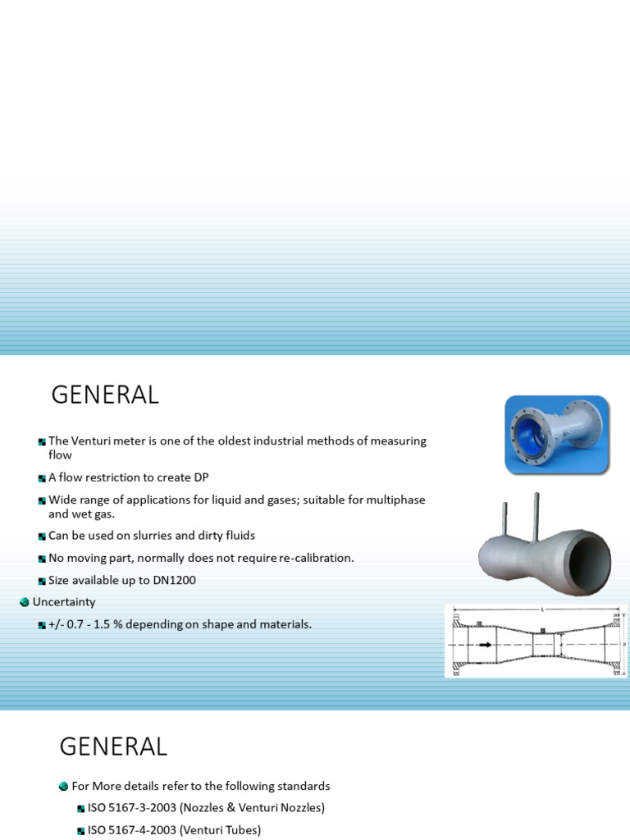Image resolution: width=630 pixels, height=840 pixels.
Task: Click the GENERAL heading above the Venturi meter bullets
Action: point(105,395)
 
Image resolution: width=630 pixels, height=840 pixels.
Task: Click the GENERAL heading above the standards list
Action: point(113,746)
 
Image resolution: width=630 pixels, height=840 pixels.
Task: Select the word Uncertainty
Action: point(64,602)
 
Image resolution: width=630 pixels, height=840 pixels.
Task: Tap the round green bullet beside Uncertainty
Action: point(25,602)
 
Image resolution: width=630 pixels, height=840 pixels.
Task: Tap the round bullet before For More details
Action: point(64,786)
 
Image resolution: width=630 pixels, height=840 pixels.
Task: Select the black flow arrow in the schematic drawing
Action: point(485,646)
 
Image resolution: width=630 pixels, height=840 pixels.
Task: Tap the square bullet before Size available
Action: point(42,581)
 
